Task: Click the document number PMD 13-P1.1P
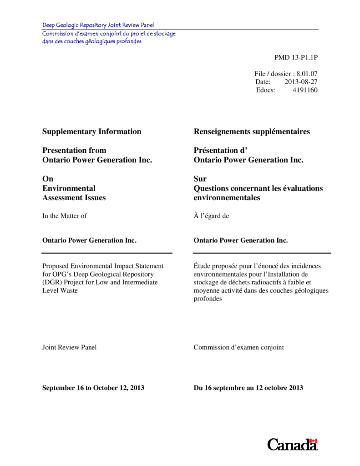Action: [296, 57]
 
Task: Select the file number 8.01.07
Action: [306, 74]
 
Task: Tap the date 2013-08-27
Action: [301, 82]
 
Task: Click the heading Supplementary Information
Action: [91, 132]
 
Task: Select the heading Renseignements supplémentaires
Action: [252, 132]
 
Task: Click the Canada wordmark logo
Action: [292, 445]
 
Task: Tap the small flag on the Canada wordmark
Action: [313, 441]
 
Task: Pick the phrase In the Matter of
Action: [64, 216]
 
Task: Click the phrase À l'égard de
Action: [211, 216]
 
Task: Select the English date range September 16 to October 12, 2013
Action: [93, 388]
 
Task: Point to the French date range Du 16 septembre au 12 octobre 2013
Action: [248, 388]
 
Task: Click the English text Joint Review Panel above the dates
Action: [69, 347]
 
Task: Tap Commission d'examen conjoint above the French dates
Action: [238, 347]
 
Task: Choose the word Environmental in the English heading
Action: [69, 188]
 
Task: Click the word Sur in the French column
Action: [200, 179]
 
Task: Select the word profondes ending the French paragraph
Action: [208, 299]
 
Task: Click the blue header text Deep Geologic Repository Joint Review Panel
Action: [98, 25]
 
